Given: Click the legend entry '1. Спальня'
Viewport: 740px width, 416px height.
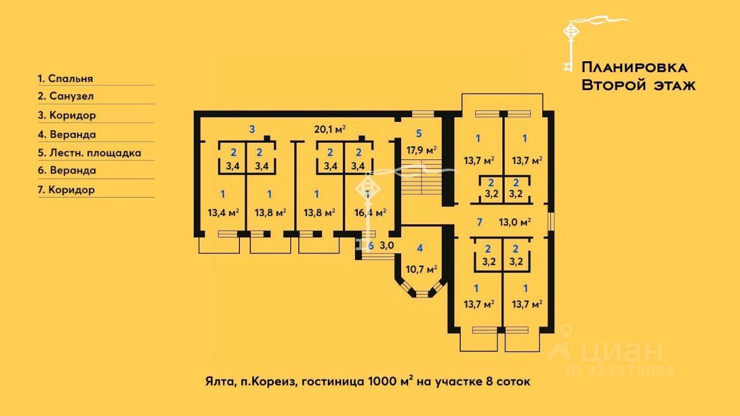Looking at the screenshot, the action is pos(65,79).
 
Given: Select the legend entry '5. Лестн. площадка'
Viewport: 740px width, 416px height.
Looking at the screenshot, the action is pos(89,153).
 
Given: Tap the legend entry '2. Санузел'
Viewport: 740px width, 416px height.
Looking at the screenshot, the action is pos(65,96).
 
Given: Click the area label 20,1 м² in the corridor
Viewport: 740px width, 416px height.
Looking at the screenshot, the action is pos(330,129).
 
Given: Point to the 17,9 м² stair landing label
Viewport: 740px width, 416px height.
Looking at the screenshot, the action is pos(421,151).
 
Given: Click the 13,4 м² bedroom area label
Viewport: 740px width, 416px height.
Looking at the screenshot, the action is pos(223,212).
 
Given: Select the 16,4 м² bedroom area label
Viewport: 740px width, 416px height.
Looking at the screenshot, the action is pos(371,212).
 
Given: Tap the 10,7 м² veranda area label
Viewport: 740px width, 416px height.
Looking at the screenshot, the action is pos(421,269).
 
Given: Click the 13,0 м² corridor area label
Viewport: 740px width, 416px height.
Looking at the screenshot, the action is pos(515,222).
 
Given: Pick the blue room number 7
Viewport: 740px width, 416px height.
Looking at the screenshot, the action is pos(480,222).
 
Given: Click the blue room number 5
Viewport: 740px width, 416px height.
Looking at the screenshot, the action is pos(419,133).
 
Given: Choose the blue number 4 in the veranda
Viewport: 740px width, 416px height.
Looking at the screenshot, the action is pos(420,248).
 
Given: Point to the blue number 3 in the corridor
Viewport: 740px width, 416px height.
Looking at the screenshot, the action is pos(252,129).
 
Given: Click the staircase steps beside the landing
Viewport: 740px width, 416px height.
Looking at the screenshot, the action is pos(421,177).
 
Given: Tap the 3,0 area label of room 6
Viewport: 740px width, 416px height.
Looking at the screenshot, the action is pos(387,246).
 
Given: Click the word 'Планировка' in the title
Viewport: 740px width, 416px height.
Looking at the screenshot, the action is pos(634,68).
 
